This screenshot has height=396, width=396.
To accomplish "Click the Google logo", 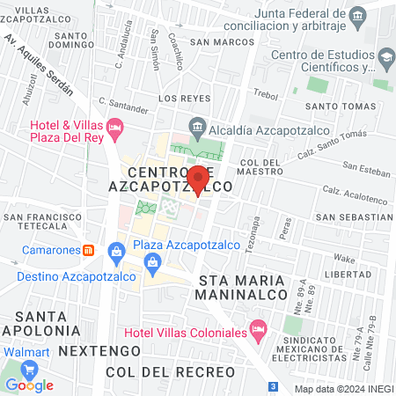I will pyautogui.click(x=29, y=385).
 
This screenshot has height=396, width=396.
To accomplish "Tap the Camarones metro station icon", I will pyautogui.click(x=89, y=249).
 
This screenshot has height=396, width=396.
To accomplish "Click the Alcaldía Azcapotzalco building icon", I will pyautogui.click(x=198, y=125).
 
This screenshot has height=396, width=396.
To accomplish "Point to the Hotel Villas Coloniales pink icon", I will pyautogui.click(x=258, y=331).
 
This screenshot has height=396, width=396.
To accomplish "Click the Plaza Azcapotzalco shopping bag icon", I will pyautogui.click(x=154, y=261).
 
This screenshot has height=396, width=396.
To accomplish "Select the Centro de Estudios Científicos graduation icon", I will pyautogui.click(x=385, y=59).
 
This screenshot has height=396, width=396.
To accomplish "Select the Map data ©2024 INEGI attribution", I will pyautogui.click(x=343, y=388).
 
